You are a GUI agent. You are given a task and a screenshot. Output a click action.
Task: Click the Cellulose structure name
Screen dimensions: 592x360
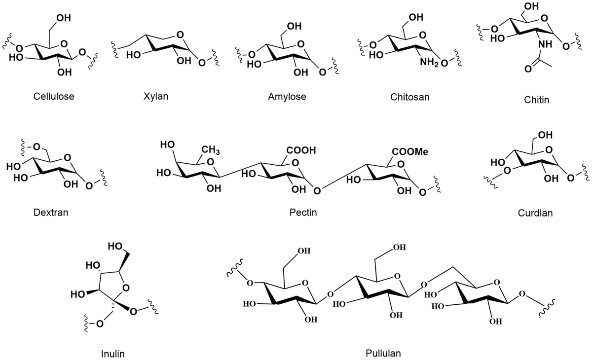pyautogui.click(x=54, y=96)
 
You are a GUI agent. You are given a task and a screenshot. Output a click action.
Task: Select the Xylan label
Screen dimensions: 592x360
pyautogui.click(x=156, y=96)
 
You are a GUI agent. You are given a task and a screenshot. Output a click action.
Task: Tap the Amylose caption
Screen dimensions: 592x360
pyautogui.click(x=287, y=96)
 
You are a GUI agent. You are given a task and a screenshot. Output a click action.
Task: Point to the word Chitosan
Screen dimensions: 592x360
pyautogui.click(x=409, y=97)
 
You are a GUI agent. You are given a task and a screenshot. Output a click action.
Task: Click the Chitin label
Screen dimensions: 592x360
pyautogui.click(x=537, y=100)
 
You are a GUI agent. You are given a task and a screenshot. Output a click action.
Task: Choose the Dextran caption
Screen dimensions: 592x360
pyautogui.click(x=51, y=213)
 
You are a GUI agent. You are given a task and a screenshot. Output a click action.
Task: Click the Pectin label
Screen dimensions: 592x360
pyautogui.click(x=303, y=213)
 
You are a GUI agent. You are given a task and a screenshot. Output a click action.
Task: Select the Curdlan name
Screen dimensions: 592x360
pyautogui.click(x=535, y=213)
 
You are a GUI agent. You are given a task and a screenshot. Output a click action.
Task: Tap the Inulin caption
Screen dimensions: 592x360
pyautogui.click(x=112, y=354)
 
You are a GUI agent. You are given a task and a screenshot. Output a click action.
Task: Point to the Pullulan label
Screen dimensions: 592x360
pyautogui.click(x=383, y=353)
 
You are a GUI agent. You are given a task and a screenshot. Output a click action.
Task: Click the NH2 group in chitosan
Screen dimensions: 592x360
pyautogui.click(x=429, y=62)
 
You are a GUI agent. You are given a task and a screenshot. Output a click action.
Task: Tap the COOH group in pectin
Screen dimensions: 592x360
pyautogui.click(x=301, y=150)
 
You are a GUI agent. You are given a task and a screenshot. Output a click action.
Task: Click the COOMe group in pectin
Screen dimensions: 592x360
pyautogui.click(x=410, y=151)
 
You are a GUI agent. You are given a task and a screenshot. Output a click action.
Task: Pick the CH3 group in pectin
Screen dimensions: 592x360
pyautogui.click(x=211, y=150)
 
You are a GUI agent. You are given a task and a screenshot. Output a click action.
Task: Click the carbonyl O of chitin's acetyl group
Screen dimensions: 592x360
pyautogui.click(x=528, y=69)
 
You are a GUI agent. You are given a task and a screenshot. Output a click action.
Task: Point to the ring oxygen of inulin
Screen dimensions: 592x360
pyautogui.click(x=126, y=288)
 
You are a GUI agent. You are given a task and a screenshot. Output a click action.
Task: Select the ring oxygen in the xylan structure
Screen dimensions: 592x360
pyautogui.click(x=180, y=35)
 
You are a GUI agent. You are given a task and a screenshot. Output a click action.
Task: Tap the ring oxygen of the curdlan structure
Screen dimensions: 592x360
pyautogui.click(x=549, y=150)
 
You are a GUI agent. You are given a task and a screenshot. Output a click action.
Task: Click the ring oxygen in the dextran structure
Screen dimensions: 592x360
pyautogui.click(x=68, y=158)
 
